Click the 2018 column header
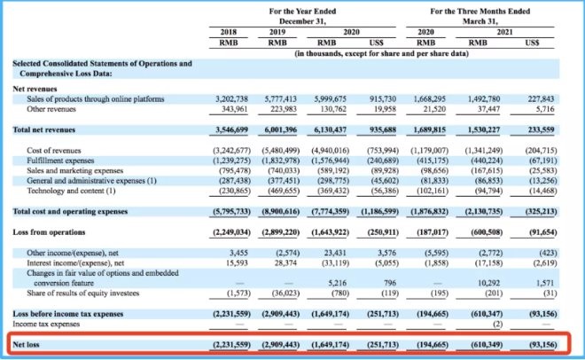pos(229,32)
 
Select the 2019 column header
pos(277,32)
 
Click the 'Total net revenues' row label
pos(44,129)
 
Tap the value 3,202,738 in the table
pos(231,99)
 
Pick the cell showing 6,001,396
pos(281,129)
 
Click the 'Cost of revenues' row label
pos(54,151)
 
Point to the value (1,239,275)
pos(231,160)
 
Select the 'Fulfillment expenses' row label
pos(60,160)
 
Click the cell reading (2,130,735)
pos(484,212)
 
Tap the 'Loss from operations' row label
pos(49,232)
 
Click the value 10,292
pos(488,283)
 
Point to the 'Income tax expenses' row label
pos(46,324)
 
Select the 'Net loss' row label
pos(26,344)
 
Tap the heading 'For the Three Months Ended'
pos(480,12)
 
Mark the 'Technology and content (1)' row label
pos(71,191)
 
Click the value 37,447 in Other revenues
pos(488,109)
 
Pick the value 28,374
pos(285,263)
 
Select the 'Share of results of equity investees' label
pos(82,293)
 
